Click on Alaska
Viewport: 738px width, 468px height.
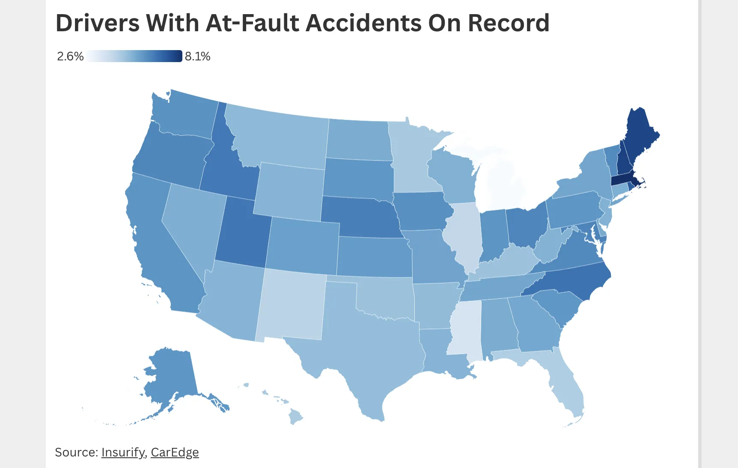pyautogui.click(x=171, y=373)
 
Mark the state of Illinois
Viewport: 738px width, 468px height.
pyautogui.click(x=464, y=233)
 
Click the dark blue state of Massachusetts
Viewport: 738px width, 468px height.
pyautogui.click(x=623, y=180)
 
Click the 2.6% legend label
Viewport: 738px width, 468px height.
pyautogui.click(x=70, y=57)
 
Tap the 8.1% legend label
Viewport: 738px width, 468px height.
pyautogui.click(x=197, y=57)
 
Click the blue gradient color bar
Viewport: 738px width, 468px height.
pyautogui.click(x=134, y=56)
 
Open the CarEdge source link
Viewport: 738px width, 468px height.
pyautogui.click(x=175, y=452)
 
